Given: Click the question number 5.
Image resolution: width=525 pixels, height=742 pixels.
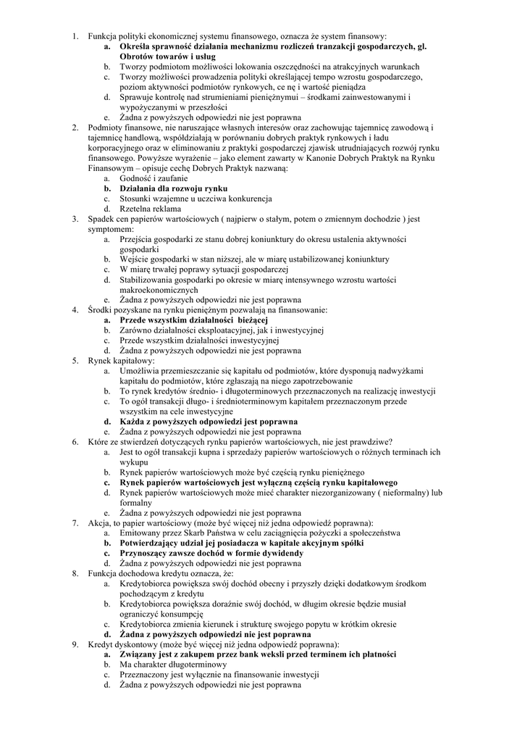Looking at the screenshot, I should (x=75, y=360).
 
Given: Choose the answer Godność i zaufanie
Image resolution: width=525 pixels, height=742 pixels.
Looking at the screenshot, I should (x=154, y=178).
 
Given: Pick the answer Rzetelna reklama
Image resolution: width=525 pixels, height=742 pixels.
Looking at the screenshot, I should (x=151, y=208).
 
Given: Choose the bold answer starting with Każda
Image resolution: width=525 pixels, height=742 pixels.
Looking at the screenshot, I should (x=208, y=421).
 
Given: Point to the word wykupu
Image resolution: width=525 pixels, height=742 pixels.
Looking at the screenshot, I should (x=134, y=462).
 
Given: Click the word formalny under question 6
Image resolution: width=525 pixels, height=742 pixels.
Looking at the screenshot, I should (x=136, y=502).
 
